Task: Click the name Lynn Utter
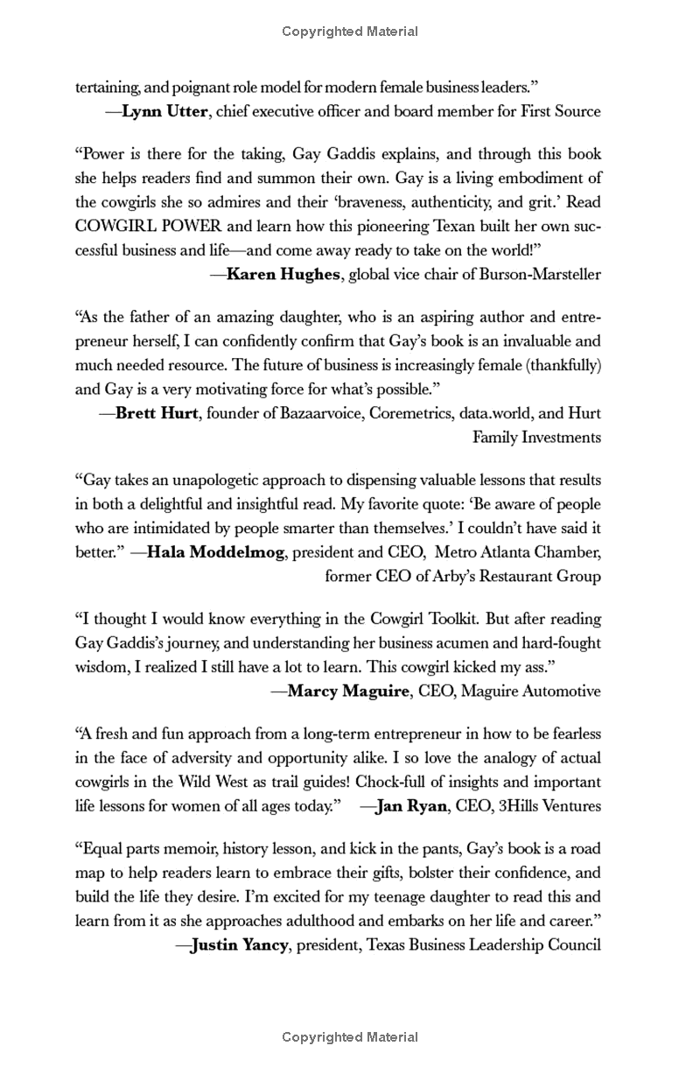[x=165, y=111]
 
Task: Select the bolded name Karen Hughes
[x=283, y=274]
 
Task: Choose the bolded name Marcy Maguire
[x=348, y=691]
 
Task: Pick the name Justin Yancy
[x=239, y=945]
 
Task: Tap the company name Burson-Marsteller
[x=540, y=274]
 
